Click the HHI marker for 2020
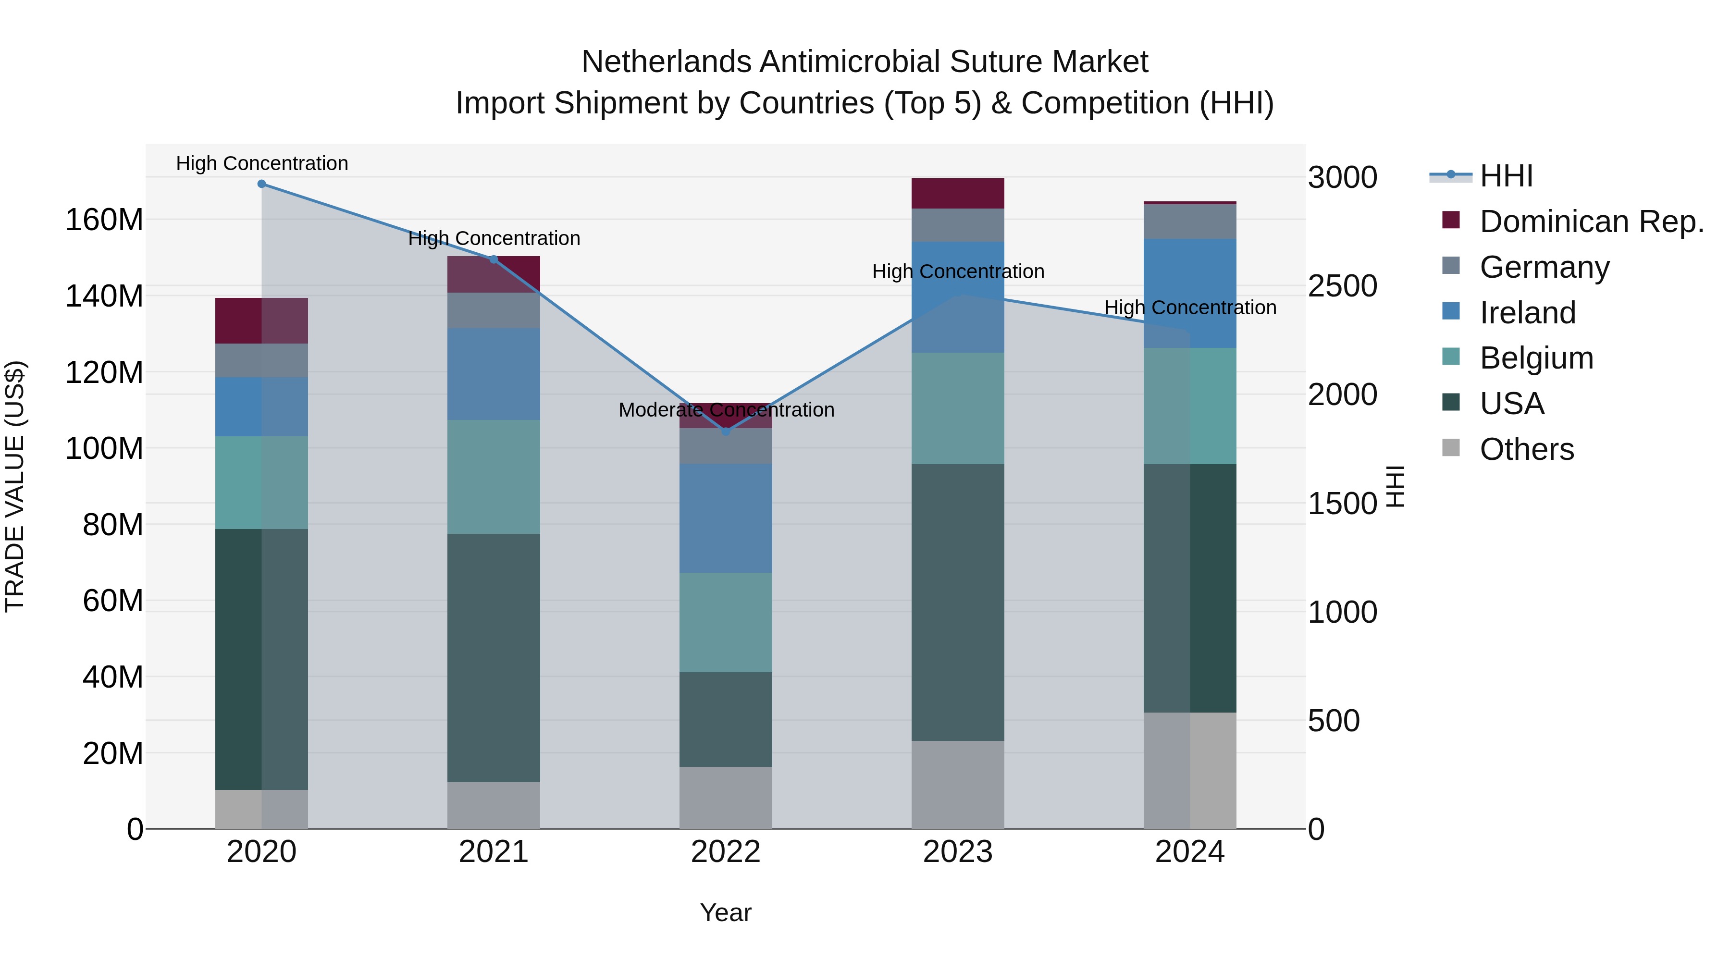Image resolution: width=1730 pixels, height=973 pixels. point(262,184)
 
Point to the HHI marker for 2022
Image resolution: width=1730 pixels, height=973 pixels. point(725,432)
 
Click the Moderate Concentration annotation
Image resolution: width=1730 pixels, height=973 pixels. point(726,409)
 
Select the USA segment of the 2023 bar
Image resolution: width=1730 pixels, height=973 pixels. point(958,603)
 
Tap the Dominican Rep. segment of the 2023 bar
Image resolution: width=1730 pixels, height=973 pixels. point(958,193)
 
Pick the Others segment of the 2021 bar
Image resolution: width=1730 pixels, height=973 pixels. point(494,805)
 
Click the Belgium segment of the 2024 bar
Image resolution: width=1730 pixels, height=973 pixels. point(1189,406)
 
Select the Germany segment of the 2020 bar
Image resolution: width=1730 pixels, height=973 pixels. point(261,360)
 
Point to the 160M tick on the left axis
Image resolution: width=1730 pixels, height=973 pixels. point(104,220)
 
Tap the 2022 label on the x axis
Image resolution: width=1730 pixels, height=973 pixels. point(725,852)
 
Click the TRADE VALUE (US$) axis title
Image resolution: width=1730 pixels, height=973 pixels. point(15,486)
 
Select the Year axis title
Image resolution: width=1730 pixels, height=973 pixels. point(725,912)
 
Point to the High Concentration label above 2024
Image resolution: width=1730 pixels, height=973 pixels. point(1190,308)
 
